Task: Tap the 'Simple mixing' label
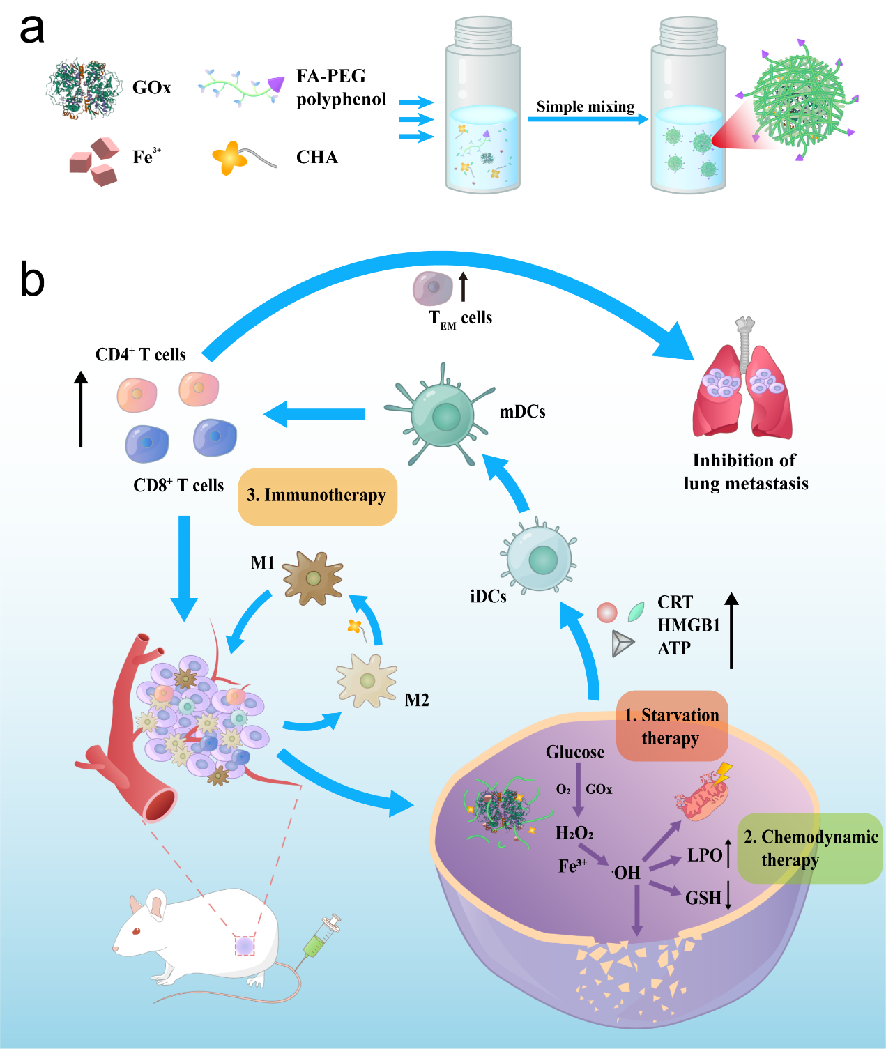586,107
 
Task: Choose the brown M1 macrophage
313,578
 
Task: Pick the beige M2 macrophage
367,680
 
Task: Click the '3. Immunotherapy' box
317,496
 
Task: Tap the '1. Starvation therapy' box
671,726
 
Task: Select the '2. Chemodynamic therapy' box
811,848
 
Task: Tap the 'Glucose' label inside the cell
575,752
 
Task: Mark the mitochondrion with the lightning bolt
703,795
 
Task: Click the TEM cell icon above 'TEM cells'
432,288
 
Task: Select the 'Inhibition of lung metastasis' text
745,472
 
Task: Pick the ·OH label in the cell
626,873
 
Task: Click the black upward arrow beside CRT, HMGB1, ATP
731,630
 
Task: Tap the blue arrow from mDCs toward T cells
315,414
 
